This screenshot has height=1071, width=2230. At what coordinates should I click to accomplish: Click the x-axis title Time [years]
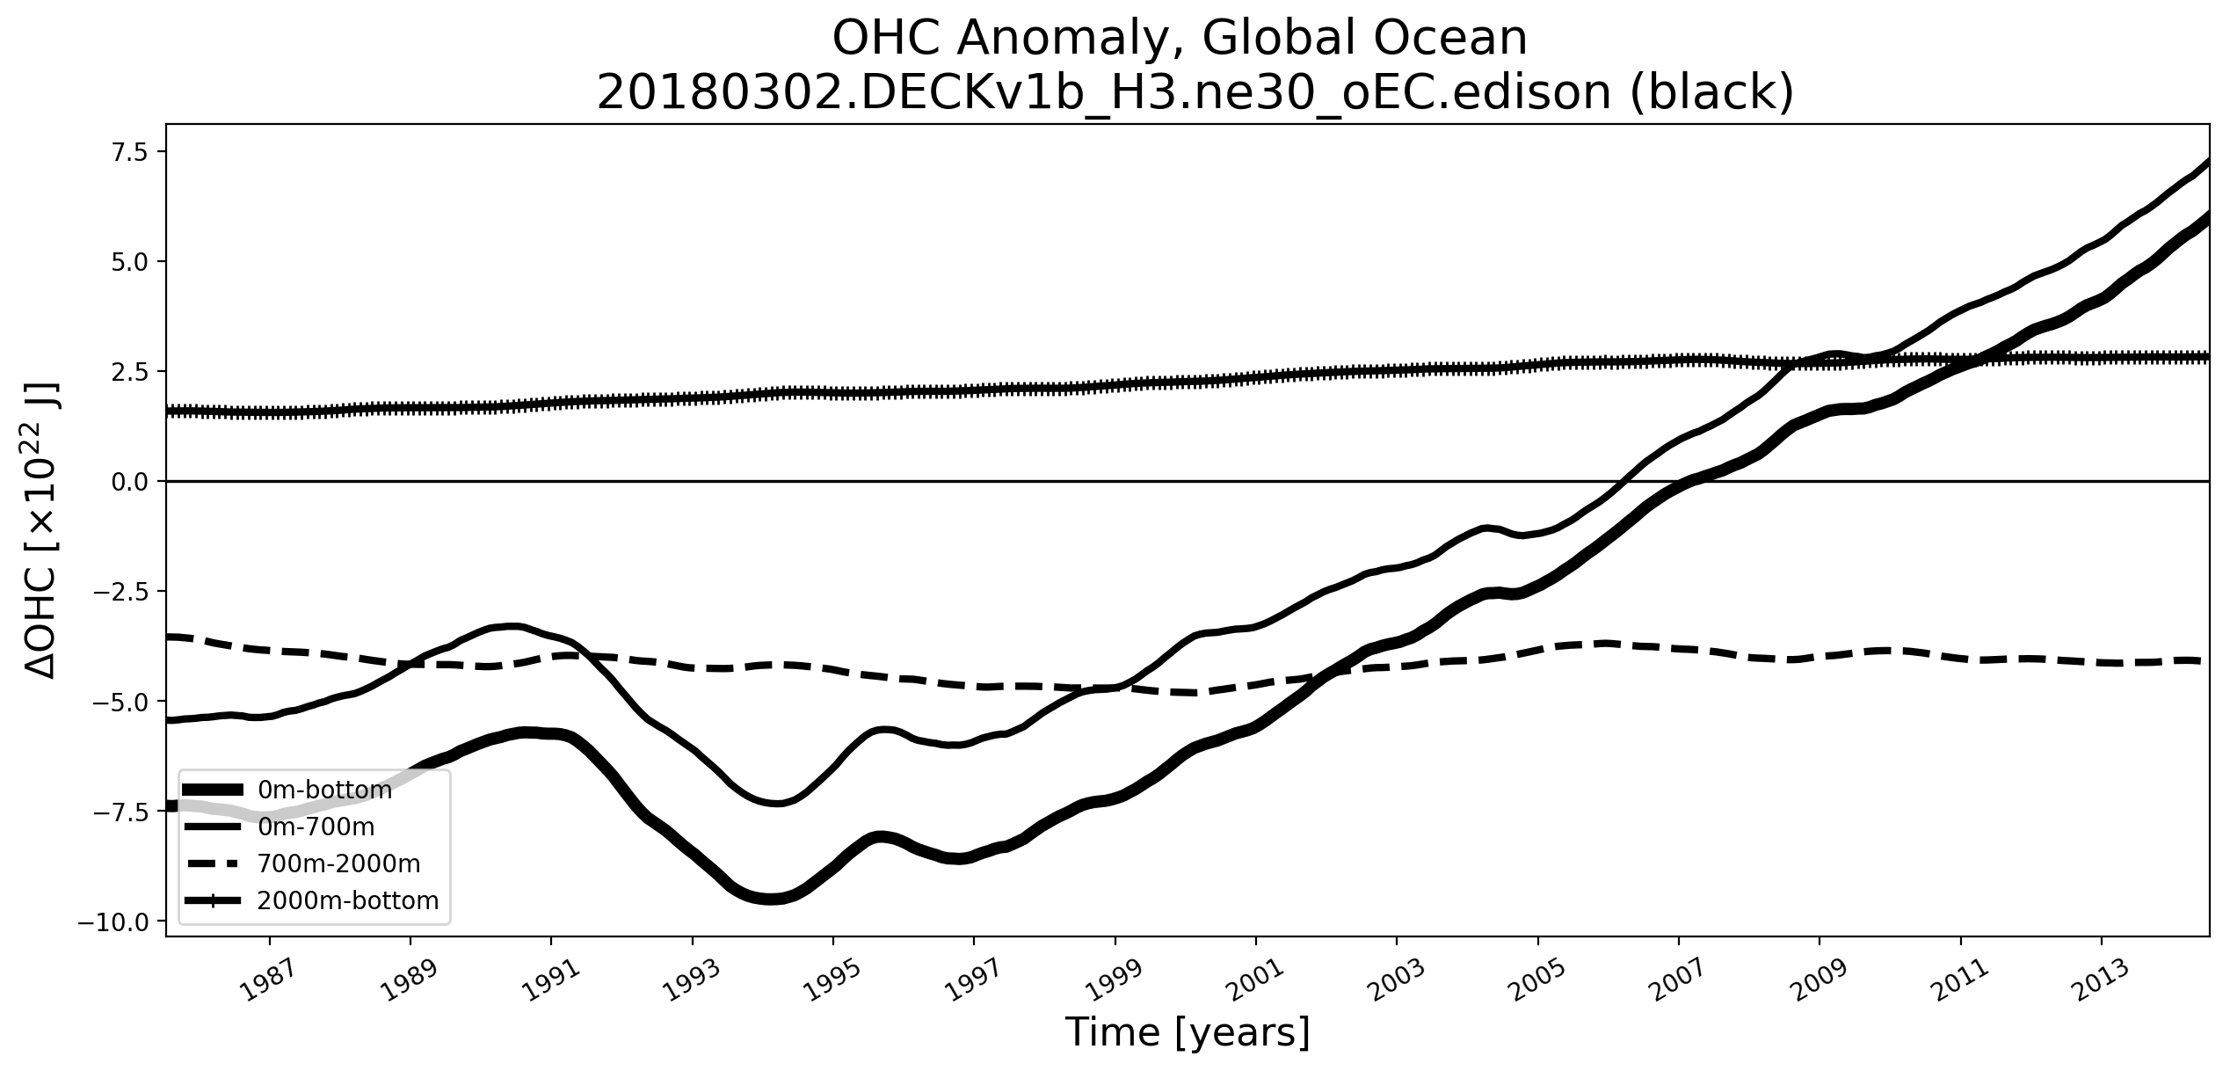click(1188, 1032)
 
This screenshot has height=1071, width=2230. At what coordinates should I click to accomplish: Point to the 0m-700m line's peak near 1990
click(515, 626)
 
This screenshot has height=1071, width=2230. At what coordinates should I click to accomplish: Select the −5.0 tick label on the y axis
click(128, 702)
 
